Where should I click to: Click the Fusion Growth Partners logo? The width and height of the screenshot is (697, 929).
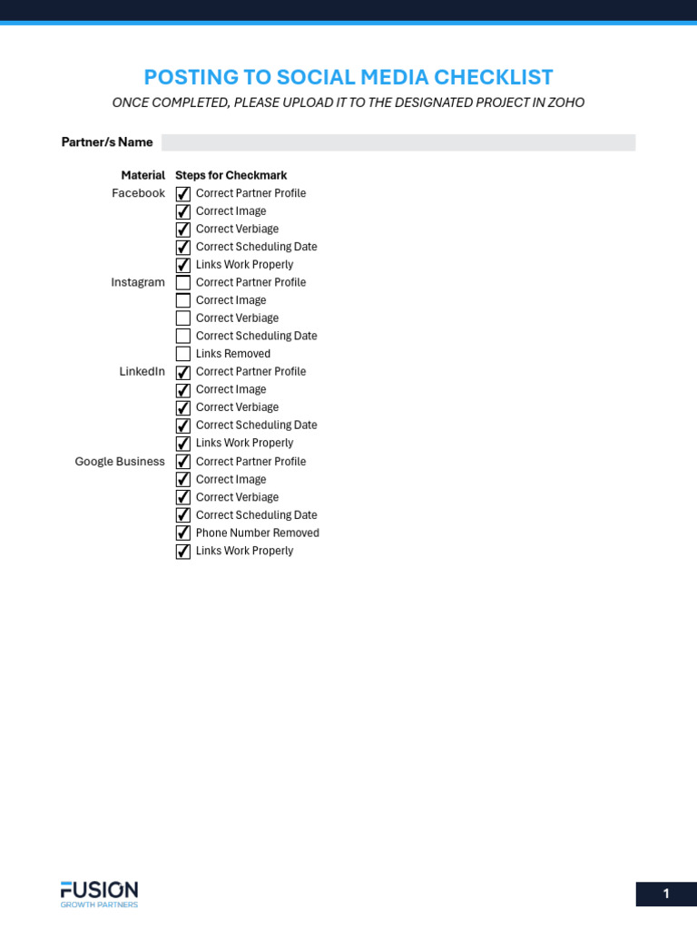pos(99,893)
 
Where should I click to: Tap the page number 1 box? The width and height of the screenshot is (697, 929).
pos(665,894)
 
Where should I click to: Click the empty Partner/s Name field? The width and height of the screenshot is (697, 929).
pos(398,142)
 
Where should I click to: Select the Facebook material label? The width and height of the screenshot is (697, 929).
pos(138,193)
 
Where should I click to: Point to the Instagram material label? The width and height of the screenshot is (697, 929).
pos(138,282)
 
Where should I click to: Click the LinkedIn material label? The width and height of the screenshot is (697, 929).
pos(142,371)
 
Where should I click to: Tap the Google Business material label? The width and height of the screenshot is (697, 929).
pos(120,461)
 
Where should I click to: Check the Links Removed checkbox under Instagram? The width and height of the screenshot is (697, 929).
pos(183,354)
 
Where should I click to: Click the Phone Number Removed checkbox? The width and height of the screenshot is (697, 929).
pos(183,533)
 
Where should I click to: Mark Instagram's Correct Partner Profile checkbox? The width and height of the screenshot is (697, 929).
pos(183,282)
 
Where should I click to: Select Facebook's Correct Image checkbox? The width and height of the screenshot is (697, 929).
pos(183,211)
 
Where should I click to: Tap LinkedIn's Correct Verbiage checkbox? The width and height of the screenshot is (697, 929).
pos(183,407)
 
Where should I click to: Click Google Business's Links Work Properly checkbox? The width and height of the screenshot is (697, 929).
pos(183,551)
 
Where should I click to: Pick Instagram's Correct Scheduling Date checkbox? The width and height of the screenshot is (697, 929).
pos(183,336)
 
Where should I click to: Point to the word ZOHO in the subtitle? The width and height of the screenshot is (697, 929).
pos(565,103)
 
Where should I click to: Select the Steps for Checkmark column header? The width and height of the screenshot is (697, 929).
pos(231,175)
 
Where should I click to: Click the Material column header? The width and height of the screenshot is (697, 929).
pos(142,175)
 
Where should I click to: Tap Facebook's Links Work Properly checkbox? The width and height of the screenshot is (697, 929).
pos(183,265)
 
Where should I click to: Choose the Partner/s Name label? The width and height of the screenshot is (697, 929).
pos(107,142)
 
